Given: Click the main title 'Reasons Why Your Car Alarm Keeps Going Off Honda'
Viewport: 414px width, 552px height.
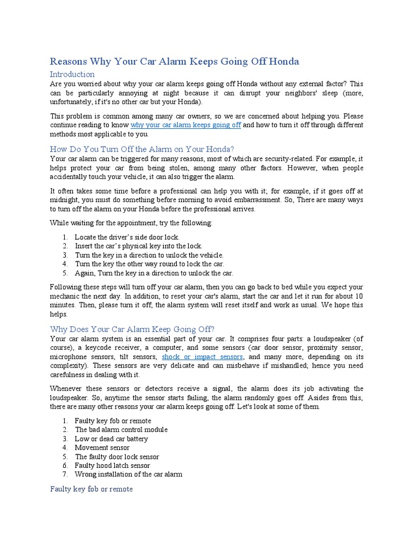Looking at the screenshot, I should [x=174, y=61].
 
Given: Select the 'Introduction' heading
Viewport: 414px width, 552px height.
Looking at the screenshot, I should [x=72, y=74].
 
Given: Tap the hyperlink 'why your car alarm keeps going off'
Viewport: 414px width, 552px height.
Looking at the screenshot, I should [x=185, y=125].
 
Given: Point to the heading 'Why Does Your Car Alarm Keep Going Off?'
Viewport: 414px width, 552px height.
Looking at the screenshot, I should [x=132, y=329].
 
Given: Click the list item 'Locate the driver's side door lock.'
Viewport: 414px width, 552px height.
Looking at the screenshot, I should [x=127, y=237].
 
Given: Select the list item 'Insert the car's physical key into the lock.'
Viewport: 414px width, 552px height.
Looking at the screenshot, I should [x=139, y=246].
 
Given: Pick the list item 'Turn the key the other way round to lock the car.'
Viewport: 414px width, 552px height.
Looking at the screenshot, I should [x=149, y=264].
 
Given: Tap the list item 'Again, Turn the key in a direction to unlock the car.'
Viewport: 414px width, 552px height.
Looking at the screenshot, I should [x=154, y=273].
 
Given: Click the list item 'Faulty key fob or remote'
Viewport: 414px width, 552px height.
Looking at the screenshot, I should [x=113, y=420].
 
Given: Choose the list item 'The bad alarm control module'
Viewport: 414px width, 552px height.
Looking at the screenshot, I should [x=121, y=430].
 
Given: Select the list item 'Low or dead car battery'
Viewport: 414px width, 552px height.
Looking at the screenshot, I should [x=111, y=439].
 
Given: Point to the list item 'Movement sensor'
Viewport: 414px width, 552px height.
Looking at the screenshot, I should [x=102, y=447].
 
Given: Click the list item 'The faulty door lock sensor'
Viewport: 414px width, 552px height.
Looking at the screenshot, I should [x=117, y=457].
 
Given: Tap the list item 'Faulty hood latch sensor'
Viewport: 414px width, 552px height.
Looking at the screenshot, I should [x=112, y=465].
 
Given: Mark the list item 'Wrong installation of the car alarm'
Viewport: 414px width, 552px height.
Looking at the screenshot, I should [x=128, y=474].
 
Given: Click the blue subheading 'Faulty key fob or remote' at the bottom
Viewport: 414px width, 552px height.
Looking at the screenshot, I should [x=91, y=489].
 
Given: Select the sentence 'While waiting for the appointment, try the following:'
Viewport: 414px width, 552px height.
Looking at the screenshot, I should [x=131, y=223].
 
